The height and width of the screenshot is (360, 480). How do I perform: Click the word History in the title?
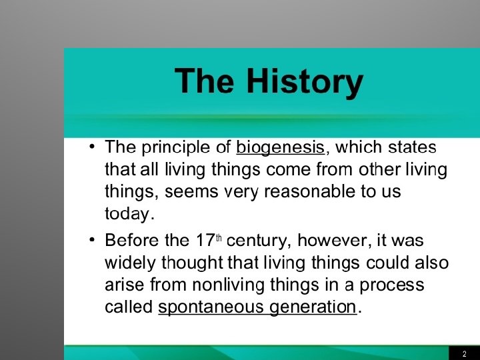(x=305, y=82)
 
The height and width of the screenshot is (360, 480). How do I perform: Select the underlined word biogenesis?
(x=280, y=148)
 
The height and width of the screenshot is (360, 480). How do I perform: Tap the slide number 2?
(x=465, y=353)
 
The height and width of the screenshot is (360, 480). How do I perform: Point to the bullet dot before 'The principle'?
(x=92, y=147)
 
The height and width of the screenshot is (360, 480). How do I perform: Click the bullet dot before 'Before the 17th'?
(x=92, y=240)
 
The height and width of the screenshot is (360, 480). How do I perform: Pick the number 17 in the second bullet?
(x=205, y=240)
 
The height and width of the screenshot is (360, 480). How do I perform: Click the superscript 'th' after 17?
(x=218, y=237)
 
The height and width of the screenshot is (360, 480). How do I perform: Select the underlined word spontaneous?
(x=210, y=307)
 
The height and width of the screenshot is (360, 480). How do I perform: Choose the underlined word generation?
(x=313, y=307)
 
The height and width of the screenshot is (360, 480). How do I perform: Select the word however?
(x=332, y=240)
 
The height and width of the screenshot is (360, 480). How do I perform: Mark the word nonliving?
(x=229, y=285)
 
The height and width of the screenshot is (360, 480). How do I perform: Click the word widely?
(x=131, y=263)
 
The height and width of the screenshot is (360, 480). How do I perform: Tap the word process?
(x=391, y=285)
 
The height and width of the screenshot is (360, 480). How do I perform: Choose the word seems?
(x=191, y=192)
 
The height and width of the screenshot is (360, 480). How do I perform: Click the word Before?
(x=132, y=240)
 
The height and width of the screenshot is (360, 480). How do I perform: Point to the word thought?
(x=192, y=263)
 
